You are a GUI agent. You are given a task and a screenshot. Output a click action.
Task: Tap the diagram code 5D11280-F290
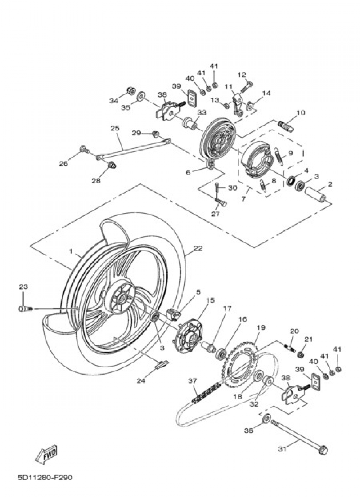pos(45,482)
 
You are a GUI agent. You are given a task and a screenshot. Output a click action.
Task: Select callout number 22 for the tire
pos(198,248)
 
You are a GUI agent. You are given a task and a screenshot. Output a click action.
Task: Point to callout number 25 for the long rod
pos(116,128)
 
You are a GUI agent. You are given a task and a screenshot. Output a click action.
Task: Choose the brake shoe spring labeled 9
pos(278,156)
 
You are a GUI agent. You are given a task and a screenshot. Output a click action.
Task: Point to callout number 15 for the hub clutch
pos(210,307)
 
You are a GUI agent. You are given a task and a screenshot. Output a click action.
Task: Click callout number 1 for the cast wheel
pos(71,251)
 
